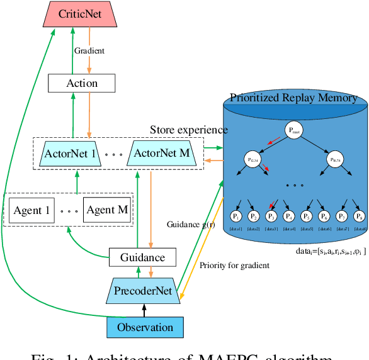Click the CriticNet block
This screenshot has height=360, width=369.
coord(82,14)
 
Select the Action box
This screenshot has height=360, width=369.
coord(82,83)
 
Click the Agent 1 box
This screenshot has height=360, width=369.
coord(30,210)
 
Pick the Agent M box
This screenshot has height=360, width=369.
coord(107,210)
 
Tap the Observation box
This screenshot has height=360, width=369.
coord(145,327)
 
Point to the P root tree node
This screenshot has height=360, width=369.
coord(293,131)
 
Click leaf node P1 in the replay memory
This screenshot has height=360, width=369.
coord(236,215)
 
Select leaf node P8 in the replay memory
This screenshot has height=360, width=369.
coord(360,215)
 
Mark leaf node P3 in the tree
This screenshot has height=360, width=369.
coord(271,215)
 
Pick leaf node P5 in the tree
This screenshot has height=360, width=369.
coord(307,215)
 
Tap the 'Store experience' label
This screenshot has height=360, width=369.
coord(189,130)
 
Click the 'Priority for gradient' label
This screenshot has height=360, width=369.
coord(234,265)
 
